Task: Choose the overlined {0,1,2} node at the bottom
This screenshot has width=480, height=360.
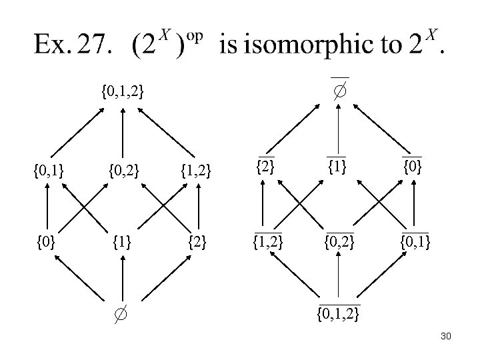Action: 339,312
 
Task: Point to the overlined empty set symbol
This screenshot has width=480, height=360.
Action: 340,89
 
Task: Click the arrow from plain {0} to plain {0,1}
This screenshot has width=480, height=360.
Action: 49,206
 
